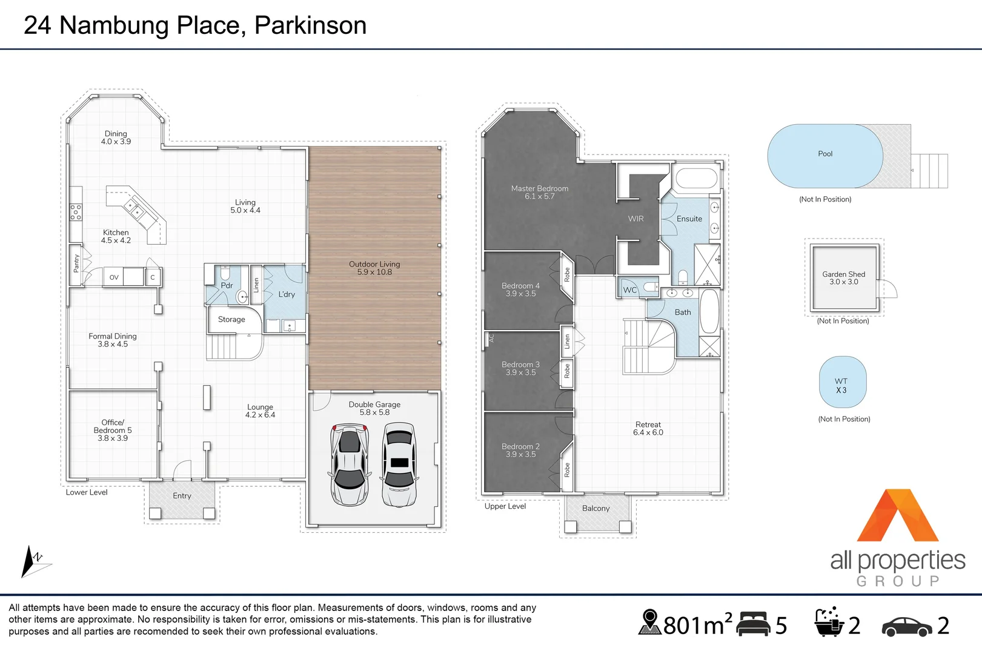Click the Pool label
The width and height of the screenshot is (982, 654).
pyautogui.click(x=825, y=154)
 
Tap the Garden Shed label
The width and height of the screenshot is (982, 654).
pyautogui.click(x=843, y=278)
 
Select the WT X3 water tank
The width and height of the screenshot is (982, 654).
pyautogui.click(x=843, y=381)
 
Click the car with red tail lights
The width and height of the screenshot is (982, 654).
pyautogui.click(x=350, y=464)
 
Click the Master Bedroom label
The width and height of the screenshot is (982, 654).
pyautogui.click(x=540, y=193)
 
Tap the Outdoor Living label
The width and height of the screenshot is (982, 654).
pyautogui.click(x=374, y=268)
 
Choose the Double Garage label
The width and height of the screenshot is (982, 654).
pyautogui.click(x=374, y=408)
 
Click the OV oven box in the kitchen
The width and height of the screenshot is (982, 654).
pyautogui.click(x=113, y=277)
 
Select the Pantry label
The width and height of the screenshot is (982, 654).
pyautogui.click(x=76, y=263)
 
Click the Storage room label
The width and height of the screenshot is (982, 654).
pyautogui.click(x=231, y=320)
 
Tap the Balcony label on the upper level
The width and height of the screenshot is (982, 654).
pyautogui.click(x=596, y=509)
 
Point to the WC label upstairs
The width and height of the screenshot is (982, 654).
pyautogui.click(x=630, y=289)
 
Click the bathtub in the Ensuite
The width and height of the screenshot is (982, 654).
pyautogui.click(x=696, y=179)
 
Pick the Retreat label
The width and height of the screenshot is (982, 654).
pyautogui.click(x=648, y=428)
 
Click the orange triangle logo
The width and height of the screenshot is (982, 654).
pyautogui.click(x=897, y=515)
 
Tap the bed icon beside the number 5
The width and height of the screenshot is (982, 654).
pyautogui.click(x=753, y=623)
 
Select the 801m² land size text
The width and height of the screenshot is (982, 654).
pyautogui.click(x=697, y=625)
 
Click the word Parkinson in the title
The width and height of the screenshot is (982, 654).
pyautogui.click(x=310, y=25)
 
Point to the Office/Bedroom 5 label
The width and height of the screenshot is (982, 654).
pyautogui.click(x=113, y=430)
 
